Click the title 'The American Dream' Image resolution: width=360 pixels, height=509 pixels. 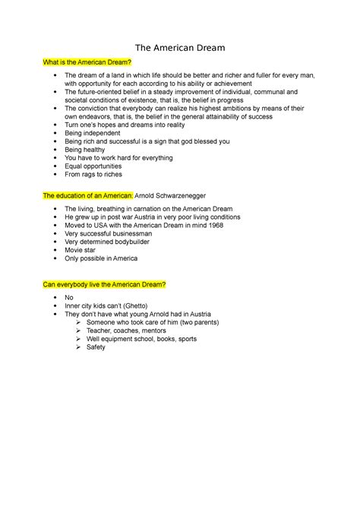click(180, 49)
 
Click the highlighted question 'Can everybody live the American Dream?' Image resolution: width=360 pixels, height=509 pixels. click(105, 284)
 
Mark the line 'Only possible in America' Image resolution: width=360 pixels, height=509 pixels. click(101, 258)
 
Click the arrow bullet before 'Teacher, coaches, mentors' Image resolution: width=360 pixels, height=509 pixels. click(79, 327)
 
